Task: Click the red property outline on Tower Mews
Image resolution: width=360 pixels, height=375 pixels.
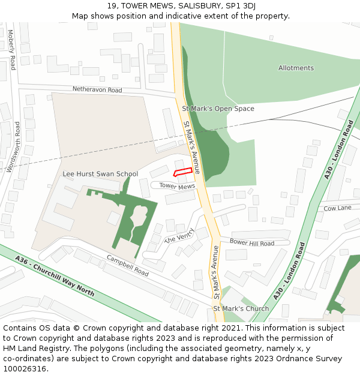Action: [184, 172]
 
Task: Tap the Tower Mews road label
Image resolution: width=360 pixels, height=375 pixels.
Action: [178, 187]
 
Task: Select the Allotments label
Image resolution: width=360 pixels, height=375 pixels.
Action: [296, 68]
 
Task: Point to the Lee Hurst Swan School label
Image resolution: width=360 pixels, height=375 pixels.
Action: [100, 174]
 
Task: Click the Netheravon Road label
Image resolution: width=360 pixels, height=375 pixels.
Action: [97, 90]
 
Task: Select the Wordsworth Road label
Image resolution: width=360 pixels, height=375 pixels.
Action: [13, 147]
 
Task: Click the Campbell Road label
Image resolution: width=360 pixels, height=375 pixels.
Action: [128, 266]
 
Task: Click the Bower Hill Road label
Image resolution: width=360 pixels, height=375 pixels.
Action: [252, 243]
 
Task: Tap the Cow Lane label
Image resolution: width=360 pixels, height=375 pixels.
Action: [337, 208]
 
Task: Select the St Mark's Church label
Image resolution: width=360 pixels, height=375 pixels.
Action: [241, 309]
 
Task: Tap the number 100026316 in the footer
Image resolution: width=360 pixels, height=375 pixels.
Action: [25, 369]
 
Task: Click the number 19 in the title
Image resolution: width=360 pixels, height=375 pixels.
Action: [112, 5]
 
